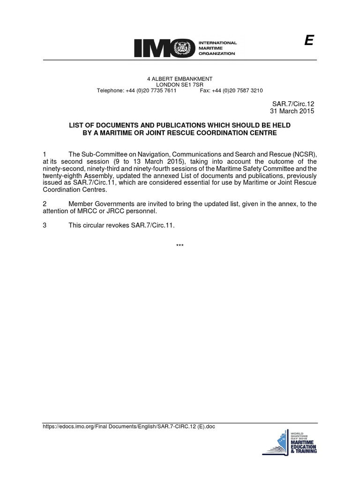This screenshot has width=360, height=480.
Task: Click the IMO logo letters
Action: tap(162, 48)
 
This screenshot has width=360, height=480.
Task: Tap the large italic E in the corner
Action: tap(308, 41)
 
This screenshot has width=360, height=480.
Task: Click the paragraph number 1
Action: tap(45, 154)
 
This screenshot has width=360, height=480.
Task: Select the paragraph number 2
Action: tap(45, 204)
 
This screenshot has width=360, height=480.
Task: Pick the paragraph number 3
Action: tap(45, 225)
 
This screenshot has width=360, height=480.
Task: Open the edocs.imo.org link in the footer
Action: tap(129, 427)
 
